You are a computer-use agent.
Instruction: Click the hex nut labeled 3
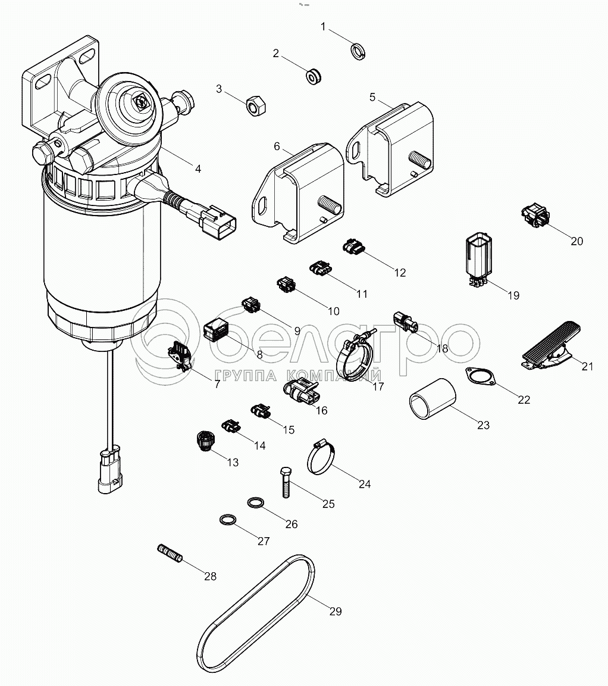click(x=256, y=106)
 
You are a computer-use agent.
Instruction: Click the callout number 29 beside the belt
click(x=336, y=612)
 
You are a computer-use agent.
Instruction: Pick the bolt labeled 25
click(x=285, y=482)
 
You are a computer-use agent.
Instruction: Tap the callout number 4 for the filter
click(x=198, y=169)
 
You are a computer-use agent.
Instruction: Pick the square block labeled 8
click(x=217, y=329)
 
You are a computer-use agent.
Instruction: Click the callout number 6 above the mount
click(x=277, y=146)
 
